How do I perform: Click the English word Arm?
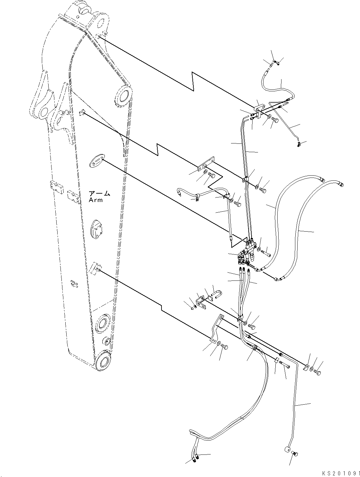point(96,200)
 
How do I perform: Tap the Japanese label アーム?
point(99,193)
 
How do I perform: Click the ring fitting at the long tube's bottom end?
point(287,450)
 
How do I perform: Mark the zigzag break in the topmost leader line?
point(193,82)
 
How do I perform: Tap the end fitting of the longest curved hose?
point(341,184)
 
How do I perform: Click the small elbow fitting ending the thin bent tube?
point(299,144)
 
